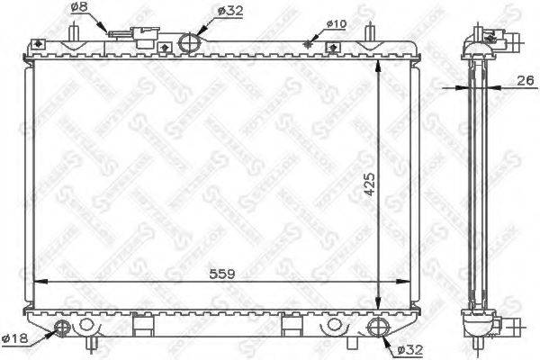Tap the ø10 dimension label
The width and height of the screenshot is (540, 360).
(x=334, y=23)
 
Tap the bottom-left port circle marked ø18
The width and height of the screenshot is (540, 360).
(x=62, y=327)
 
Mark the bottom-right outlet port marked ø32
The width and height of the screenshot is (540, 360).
(x=375, y=327)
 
